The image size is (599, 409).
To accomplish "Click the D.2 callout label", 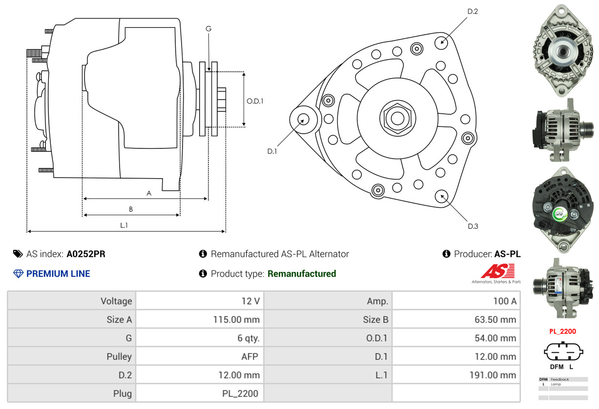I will pos(473,11).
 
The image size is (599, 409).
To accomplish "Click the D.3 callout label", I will pos(473,226).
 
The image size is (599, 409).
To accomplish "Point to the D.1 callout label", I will pos(272,151).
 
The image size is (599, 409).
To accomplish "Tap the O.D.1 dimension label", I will pos(255,102).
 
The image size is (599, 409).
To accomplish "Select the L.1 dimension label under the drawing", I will pos(124,225).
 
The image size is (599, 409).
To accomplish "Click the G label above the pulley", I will pos(208,29).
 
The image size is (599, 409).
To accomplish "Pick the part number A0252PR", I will pos(86,254).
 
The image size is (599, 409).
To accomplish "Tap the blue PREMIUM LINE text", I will pos(58,274).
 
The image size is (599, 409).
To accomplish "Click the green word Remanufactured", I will pos(302,274).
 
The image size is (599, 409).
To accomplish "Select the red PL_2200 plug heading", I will pos(562,331).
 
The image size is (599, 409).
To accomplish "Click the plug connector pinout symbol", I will pos(562,351).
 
